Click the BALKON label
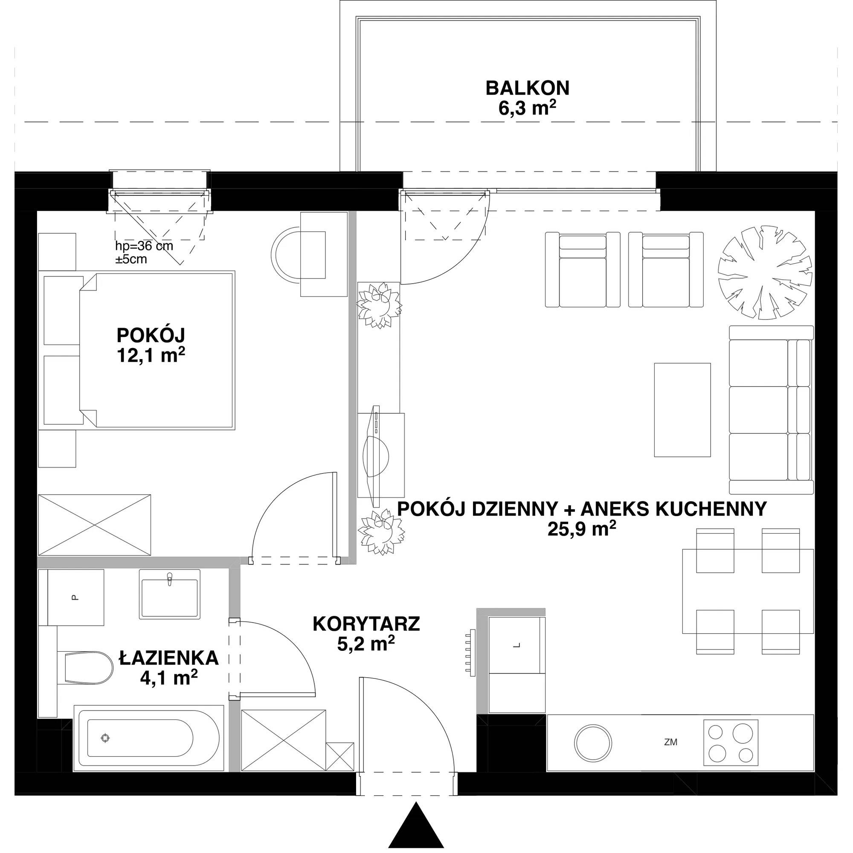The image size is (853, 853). point(527,88)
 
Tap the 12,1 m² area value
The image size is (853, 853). point(151,355)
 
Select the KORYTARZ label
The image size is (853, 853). point(366,624)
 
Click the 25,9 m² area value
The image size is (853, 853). point(582,528)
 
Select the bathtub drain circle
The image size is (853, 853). point(105,738)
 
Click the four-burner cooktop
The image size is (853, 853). point(731,743)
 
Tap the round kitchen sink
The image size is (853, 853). point(593,742)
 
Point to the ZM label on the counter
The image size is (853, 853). point(670,743)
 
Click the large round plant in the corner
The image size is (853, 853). point(765,273)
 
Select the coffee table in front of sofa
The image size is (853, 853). point(682,410)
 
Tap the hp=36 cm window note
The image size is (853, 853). point(144,252)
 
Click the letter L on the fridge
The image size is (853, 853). point(517,645)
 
